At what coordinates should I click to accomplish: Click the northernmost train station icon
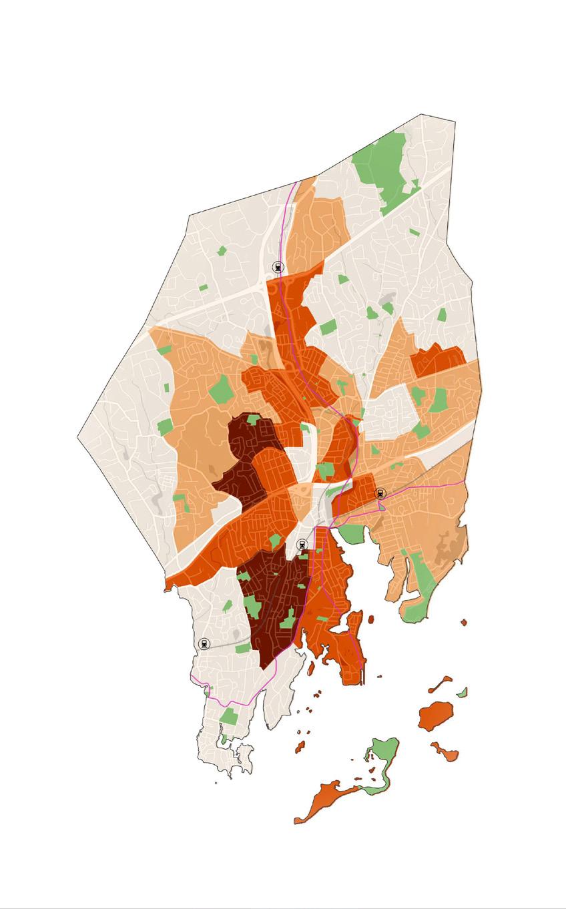(278, 267)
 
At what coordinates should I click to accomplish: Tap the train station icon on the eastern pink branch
(381, 493)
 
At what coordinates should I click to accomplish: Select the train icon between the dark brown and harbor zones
(302, 544)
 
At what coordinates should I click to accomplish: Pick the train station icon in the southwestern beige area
(204, 644)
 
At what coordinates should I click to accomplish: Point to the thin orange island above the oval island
(440, 683)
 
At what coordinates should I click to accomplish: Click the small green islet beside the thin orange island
(463, 692)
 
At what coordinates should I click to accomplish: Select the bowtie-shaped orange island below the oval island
(445, 752)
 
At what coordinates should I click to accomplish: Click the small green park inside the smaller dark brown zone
(254, 419)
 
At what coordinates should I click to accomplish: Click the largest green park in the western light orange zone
(221, 389)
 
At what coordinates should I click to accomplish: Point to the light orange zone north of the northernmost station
(320, 227)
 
